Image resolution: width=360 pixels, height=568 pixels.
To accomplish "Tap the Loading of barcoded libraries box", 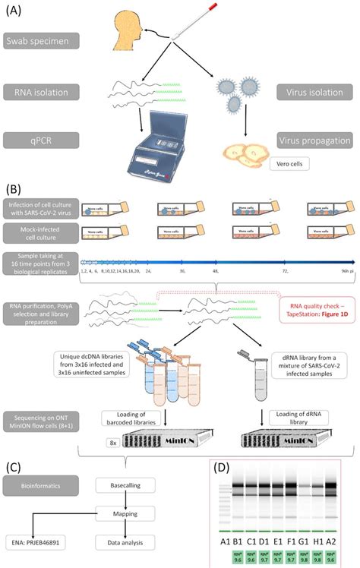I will click(131, 417).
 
